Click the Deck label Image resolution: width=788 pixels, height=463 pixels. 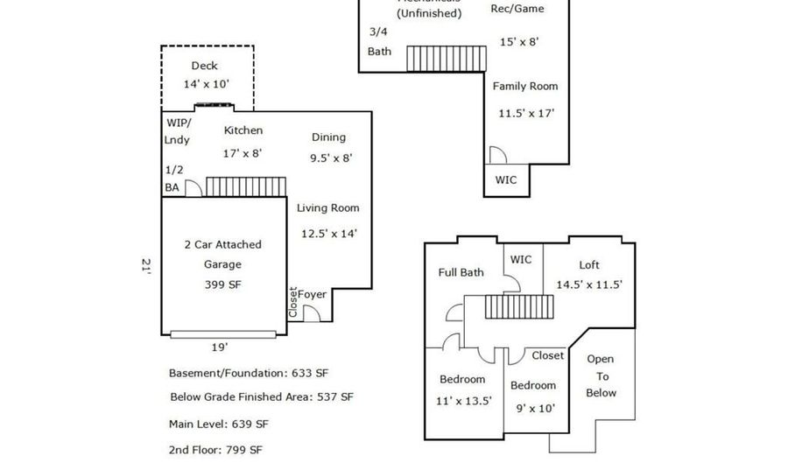pos(204,66)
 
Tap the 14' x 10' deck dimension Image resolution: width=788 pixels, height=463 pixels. pos(205,84)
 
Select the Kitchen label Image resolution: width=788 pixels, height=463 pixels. pos(243,130)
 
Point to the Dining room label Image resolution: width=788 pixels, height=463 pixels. pos(328,137)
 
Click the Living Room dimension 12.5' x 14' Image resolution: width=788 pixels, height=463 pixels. pos(328,234)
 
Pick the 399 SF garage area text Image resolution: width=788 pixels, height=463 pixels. pos(222,284)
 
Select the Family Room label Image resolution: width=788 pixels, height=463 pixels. pos(525,86)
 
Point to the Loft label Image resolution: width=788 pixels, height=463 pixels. pos(589,265)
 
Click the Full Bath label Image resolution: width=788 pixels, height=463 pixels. pos(461,272)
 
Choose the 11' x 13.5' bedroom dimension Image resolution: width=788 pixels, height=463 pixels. pos(464,401)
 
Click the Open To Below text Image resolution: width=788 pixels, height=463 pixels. pos(601,375)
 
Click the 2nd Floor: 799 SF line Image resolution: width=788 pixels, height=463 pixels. pos(215,450)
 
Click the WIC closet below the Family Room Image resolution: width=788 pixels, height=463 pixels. pos(506,180)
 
